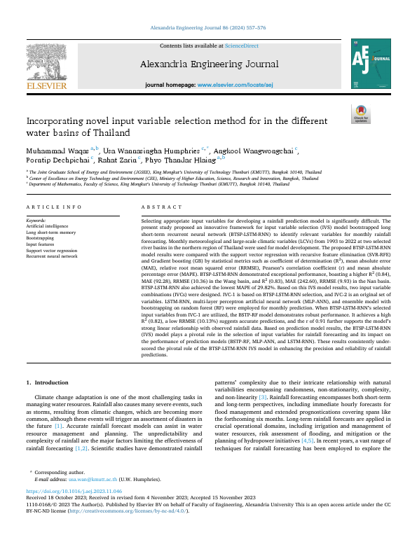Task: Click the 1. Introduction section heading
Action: pos(48,382)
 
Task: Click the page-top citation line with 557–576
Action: pos(208,28)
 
